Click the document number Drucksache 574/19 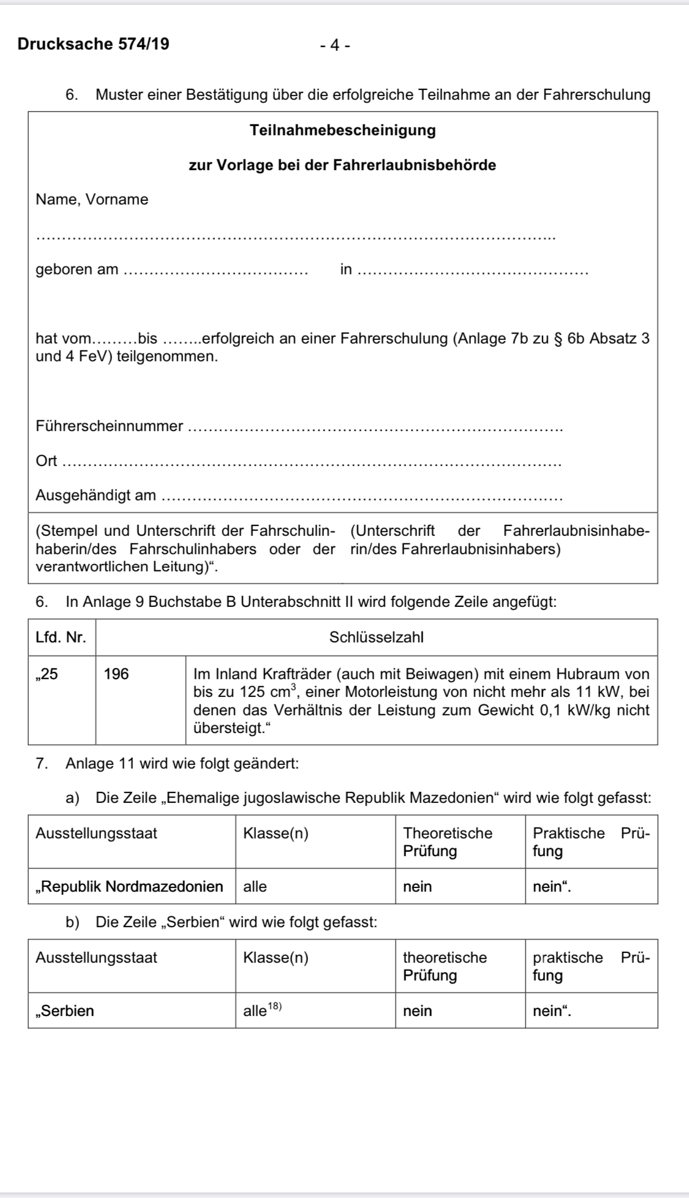pyautogui.click(x=94, y=44)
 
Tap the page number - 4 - pyautogui.click(x=335, y=45)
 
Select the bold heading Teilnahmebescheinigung pyautogui.click(x=343, y=130)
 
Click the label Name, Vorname pyautogui.click(x=92, y=200)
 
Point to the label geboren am pyautogui.click(x=77, y=269)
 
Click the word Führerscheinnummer pyautogui.click(x=110, y=426)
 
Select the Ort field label pyautogui.click(x=46, y=461)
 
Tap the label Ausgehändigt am pyautogui.click(x=96, y=495)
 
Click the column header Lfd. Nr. pyautogui.click(x=61, y=637)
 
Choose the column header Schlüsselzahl pyautogui.click(x=376, y=637)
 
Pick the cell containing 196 pyautogui.click(x=116, y=674)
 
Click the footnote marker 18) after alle pyautogui.click(x=274, y=1006)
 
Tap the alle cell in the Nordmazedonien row pyautogui.click(x=255, y=886)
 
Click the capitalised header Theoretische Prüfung pyautogui.click(x=447, y=842)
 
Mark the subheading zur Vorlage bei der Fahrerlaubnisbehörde pyautogui.click(x=342, y=165)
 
